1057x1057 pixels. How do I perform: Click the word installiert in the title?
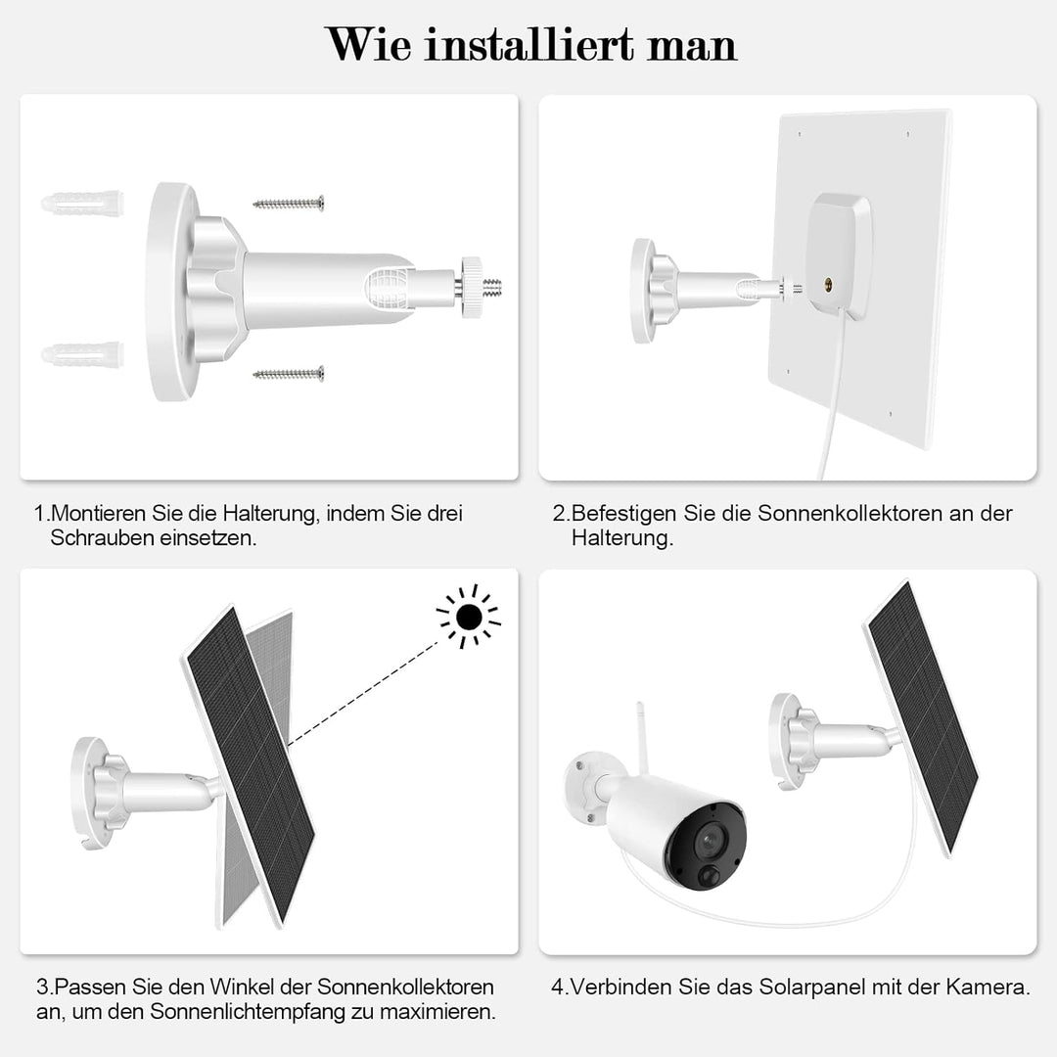[x=533, y=45]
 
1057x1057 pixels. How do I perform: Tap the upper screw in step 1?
[x=289, y=204]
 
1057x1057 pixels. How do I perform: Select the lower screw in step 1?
[x=289, y=373]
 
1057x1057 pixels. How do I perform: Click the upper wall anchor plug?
[x=82, y=204]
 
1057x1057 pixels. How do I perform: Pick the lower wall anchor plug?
[x=82, y=353]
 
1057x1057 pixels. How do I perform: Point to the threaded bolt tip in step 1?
[x=492, y=288]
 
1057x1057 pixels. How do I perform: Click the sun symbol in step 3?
[x=469, y=617]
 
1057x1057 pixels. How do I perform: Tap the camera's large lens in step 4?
[x=708, y=841]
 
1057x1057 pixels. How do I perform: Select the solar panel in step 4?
[x=921, y=715]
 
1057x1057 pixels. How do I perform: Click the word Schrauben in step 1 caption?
[x=102, y=539]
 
